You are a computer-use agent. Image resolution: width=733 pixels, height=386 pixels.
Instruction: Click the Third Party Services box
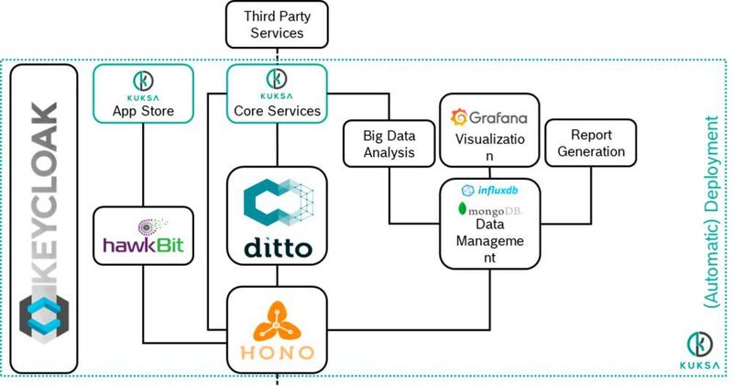pos(276,26)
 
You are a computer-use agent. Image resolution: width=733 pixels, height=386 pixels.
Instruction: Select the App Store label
pos(143,111)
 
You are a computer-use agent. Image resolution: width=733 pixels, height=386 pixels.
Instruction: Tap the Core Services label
pos(276,111)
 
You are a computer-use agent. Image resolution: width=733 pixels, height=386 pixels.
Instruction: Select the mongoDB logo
pos(486,210)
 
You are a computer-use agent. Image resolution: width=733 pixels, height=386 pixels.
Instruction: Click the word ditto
pos(276,248)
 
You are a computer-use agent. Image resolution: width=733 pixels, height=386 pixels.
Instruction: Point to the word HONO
pos(276,351)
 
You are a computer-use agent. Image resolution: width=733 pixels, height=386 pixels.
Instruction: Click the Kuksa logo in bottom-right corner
pos(703,349)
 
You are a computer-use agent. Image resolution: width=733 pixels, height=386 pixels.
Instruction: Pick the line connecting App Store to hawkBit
pos(143,165)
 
